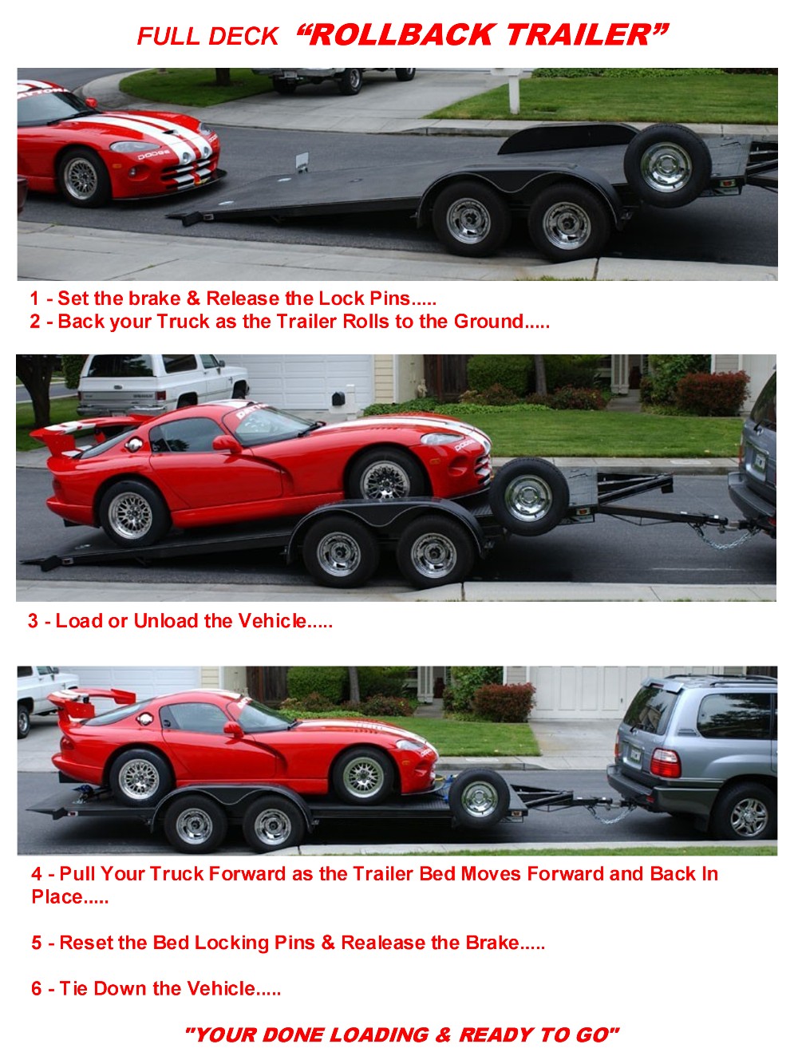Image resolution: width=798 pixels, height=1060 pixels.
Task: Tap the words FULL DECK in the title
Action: click(207, 37)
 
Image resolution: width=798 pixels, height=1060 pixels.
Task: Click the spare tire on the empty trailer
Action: click(666, 164)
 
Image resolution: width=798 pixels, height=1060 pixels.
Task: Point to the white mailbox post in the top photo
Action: click(514, 91)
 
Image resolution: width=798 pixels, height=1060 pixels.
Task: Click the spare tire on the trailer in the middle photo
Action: click(528, 496)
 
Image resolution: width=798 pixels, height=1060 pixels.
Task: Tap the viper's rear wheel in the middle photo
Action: click(131, 514)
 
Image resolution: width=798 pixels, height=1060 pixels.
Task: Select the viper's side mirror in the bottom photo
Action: click(234, 730)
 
